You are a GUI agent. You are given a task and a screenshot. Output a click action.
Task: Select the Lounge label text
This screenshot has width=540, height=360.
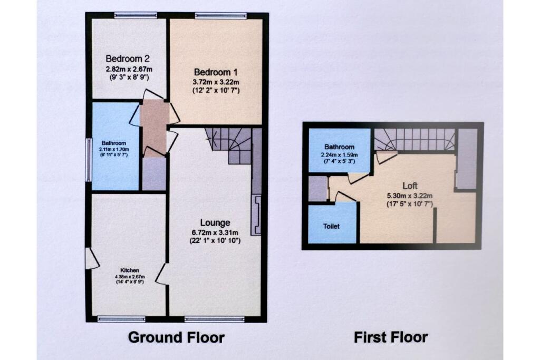[x=215, y=222]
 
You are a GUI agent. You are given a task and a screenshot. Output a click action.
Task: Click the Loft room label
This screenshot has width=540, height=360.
[x=410, y=186]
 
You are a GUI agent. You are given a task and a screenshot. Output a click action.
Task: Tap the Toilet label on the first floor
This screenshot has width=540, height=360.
[x=332, y=226]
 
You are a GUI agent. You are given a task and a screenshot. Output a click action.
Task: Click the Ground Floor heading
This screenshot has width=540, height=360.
[x=176, y=337]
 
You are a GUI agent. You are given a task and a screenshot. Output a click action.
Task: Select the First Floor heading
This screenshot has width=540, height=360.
[x=390, y=337]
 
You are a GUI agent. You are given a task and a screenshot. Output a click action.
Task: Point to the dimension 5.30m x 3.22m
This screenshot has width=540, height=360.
[x=410, y=195]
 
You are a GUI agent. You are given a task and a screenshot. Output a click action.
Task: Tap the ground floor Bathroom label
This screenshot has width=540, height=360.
[x=114, y=142]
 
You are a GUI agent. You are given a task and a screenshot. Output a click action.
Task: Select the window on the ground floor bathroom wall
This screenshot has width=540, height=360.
[x=89, y=160]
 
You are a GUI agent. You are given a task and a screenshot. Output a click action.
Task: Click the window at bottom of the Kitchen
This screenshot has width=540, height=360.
[x=122, y=318]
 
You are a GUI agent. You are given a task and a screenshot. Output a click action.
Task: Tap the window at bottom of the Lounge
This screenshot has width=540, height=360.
[x=215, y=318]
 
